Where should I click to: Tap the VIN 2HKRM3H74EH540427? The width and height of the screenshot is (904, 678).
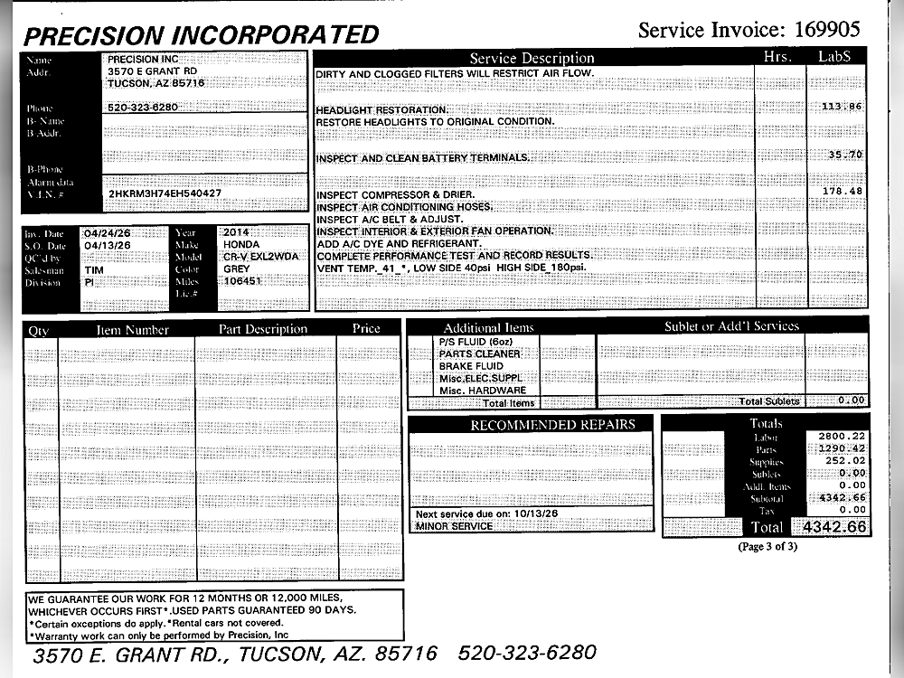165,193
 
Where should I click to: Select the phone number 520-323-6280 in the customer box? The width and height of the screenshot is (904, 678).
143,108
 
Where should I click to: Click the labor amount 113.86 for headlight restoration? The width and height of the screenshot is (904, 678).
843,107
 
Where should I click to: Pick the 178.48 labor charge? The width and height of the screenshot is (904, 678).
843,192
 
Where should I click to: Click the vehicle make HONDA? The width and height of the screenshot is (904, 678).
241,245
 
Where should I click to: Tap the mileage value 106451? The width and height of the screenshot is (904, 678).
242,281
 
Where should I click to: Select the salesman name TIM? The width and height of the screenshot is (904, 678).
94,269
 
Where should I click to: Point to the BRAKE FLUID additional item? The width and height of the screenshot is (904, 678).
466,366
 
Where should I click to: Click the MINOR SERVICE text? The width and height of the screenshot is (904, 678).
454,526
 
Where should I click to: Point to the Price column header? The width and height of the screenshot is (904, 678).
366,329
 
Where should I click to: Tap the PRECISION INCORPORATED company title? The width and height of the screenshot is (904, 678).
201,35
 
